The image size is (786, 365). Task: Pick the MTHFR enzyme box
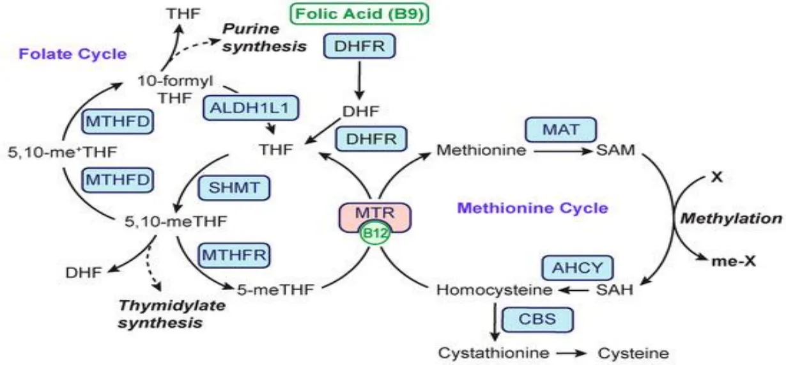(235, 254)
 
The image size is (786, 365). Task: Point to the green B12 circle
(374, 233)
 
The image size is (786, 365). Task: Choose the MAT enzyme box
(560, 129)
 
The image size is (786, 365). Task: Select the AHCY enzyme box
(577, 267)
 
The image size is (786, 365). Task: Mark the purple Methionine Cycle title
(533, 208)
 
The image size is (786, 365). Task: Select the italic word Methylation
(730, 219)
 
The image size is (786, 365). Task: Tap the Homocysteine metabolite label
(495, 290)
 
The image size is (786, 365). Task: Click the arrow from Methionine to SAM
(560, 151)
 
